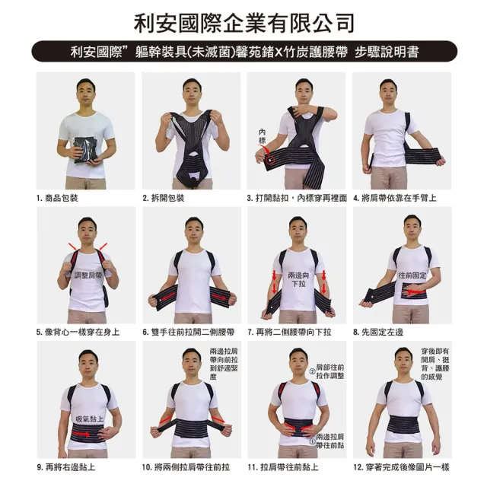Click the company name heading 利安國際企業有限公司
point(243,23)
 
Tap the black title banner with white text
point(244,52)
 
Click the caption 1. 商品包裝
point(57,198)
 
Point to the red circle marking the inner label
point(271,160)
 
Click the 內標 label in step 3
point(263,136)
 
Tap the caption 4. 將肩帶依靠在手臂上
point(395,198)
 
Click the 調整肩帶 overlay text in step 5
point(88,275)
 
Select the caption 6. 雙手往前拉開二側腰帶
point(189,333)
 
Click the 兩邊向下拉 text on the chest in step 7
point(298,279)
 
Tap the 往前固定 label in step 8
point(412,275)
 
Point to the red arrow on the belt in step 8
point(416,291)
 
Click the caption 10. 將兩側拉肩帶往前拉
point(186,466)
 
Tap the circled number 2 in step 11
point(312,371)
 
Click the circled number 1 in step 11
point(313,441)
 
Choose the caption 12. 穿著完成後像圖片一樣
point(401,466)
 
